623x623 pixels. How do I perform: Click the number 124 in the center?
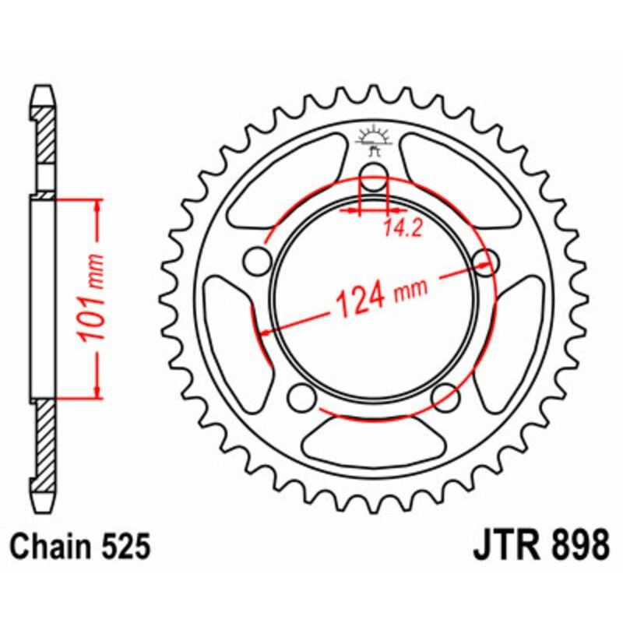tap(360, 299)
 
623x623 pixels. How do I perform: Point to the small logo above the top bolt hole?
tap(373, 140)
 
